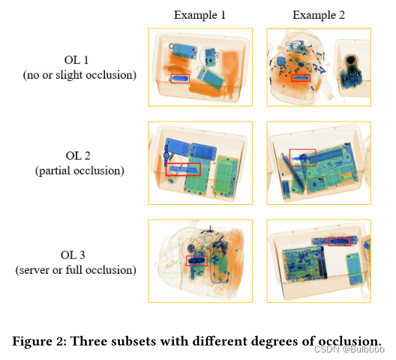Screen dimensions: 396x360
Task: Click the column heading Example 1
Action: pyautogui.click(x=199, y=15)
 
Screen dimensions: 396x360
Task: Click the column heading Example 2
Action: pyautogui.click(x=319, y=15)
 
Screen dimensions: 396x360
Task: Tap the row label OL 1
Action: pyautogui.click(x=76, y=60)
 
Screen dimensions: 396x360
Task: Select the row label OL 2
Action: pyautogui.click(x=78, y=156)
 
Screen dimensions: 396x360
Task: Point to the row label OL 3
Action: pyautogui.click(x=73, y=255)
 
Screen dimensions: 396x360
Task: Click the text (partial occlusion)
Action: pyautogui.click(x=79, y=171)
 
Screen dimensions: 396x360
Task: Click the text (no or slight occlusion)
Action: pyautogui.click(x=79, y=75)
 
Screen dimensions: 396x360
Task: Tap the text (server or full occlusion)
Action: pyautogui.click(x=76, y=270)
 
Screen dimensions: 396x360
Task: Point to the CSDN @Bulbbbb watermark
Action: pyautogui.click(x=349, y=349)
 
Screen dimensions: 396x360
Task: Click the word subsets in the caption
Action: pyautogui.click(x=133, y=341)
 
